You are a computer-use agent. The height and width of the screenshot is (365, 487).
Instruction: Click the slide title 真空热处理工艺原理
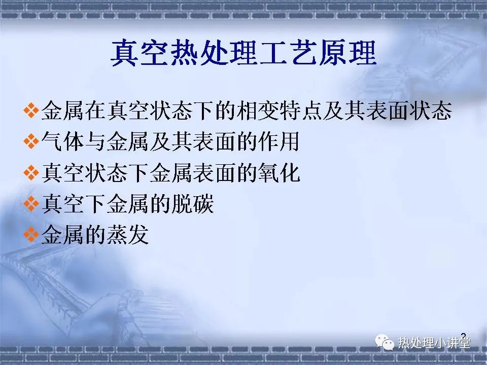point(243,53)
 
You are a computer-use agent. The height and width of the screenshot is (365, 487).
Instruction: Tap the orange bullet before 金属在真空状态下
point(31,111)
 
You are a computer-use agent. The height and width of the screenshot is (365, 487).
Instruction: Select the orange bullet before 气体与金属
point(31,141)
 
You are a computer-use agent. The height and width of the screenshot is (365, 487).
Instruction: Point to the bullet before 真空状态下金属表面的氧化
point(31,172)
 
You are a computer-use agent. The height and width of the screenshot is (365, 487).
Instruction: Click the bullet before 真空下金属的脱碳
point(31,204)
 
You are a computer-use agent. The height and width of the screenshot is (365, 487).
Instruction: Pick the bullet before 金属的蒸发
point(31,235)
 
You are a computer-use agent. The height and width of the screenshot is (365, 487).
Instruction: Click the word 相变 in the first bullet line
point(258,111)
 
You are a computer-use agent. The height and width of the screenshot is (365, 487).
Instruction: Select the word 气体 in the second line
point(62,141)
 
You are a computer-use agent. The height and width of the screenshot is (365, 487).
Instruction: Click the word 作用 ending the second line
point(279,141)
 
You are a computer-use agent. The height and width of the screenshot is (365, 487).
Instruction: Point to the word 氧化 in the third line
point(279,172)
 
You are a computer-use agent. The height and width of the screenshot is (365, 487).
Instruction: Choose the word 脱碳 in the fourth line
point(193,204)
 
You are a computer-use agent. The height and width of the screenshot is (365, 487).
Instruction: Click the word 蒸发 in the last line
point(128,235)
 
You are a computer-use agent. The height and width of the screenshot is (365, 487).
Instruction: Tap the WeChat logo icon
point(384,342)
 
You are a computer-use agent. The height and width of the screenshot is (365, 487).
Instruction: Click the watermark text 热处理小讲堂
point(434,343)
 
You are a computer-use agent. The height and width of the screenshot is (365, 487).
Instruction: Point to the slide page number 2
point(463,336)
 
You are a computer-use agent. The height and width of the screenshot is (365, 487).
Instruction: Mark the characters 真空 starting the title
point(139,53)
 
